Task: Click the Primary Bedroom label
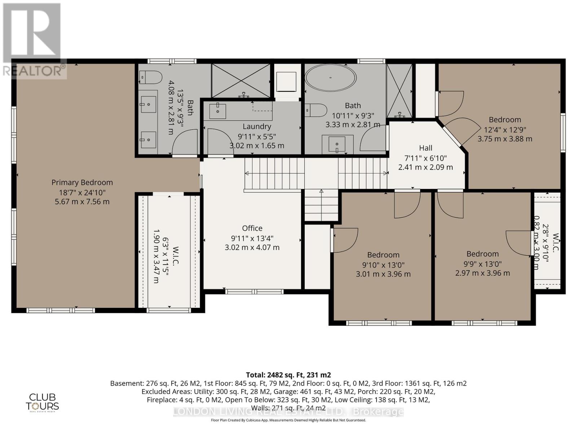click(x=82, y=183)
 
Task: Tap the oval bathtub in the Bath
click(x=330, y=78)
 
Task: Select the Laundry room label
click(x=256, y=126)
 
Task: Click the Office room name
click(x=252, y=228)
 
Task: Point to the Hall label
click(x=426, y=148)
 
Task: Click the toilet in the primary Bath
click(x=151, y=77)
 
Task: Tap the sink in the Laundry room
click(x=217, y=111)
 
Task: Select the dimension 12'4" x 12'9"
click(x=505, y=129)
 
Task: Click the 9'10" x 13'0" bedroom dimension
click(x=383, y=265)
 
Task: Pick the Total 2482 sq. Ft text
click(x=288, y=375)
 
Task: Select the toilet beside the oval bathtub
click(x=316, y=110)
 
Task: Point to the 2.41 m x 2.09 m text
click(x=426, y=167)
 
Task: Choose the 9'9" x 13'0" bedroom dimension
click(x=483, y=264)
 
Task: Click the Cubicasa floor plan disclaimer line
click(x=288, y=420)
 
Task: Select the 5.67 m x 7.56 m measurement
click(x=82, y=202)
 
